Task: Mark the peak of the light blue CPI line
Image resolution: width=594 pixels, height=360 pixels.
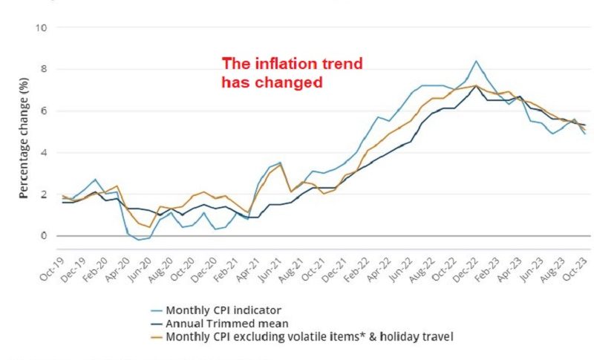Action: pyautogui.click(x=476, y=61)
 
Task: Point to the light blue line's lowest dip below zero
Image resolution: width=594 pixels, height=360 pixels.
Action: pyautogui.click(x=139, y=240)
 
